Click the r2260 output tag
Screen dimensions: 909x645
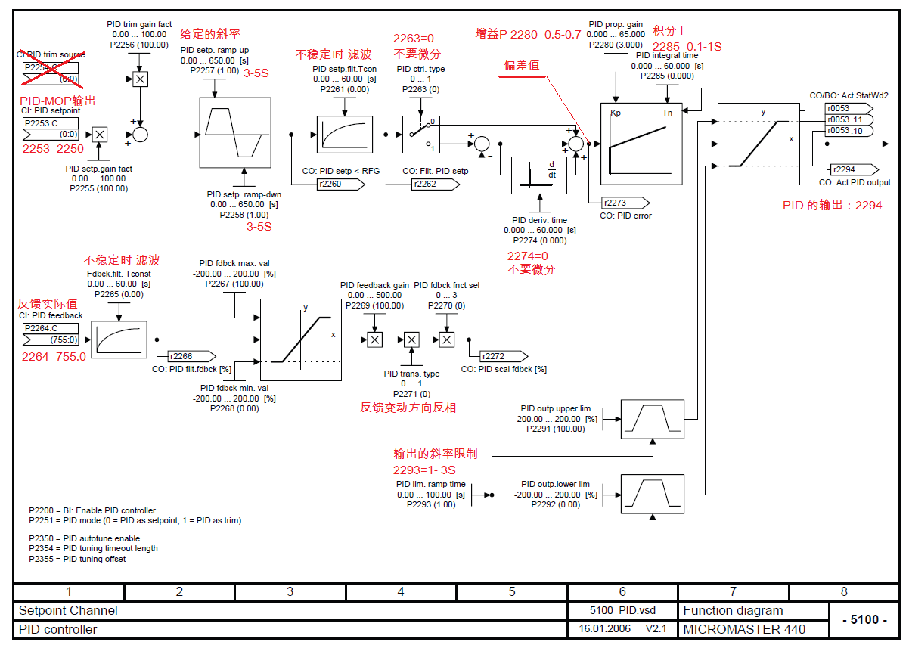point(341,185)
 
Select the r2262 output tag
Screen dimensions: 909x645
point(436,185)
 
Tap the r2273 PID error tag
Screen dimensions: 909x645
point(625,203)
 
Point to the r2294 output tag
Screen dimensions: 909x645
point(855,169)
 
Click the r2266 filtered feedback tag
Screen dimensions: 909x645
point(192,356)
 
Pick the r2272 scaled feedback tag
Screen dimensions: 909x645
point(504,356)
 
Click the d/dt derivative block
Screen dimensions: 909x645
point(539,175)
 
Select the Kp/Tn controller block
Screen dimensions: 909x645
point(641,144)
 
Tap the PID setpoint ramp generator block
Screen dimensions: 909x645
point(235,132)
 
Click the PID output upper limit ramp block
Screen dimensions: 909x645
point(653,419)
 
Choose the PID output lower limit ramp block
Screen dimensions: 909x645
point(653,494)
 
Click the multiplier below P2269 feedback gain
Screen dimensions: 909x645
point(374,340)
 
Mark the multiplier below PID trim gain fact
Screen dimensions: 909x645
point(141,79)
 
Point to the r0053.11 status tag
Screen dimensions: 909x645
point(849,119)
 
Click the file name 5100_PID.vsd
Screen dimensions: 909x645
point(622,610)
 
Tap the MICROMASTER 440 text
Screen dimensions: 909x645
point(744,629)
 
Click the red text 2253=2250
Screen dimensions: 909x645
point(53,149)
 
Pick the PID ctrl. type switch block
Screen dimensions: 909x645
point(421,135)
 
